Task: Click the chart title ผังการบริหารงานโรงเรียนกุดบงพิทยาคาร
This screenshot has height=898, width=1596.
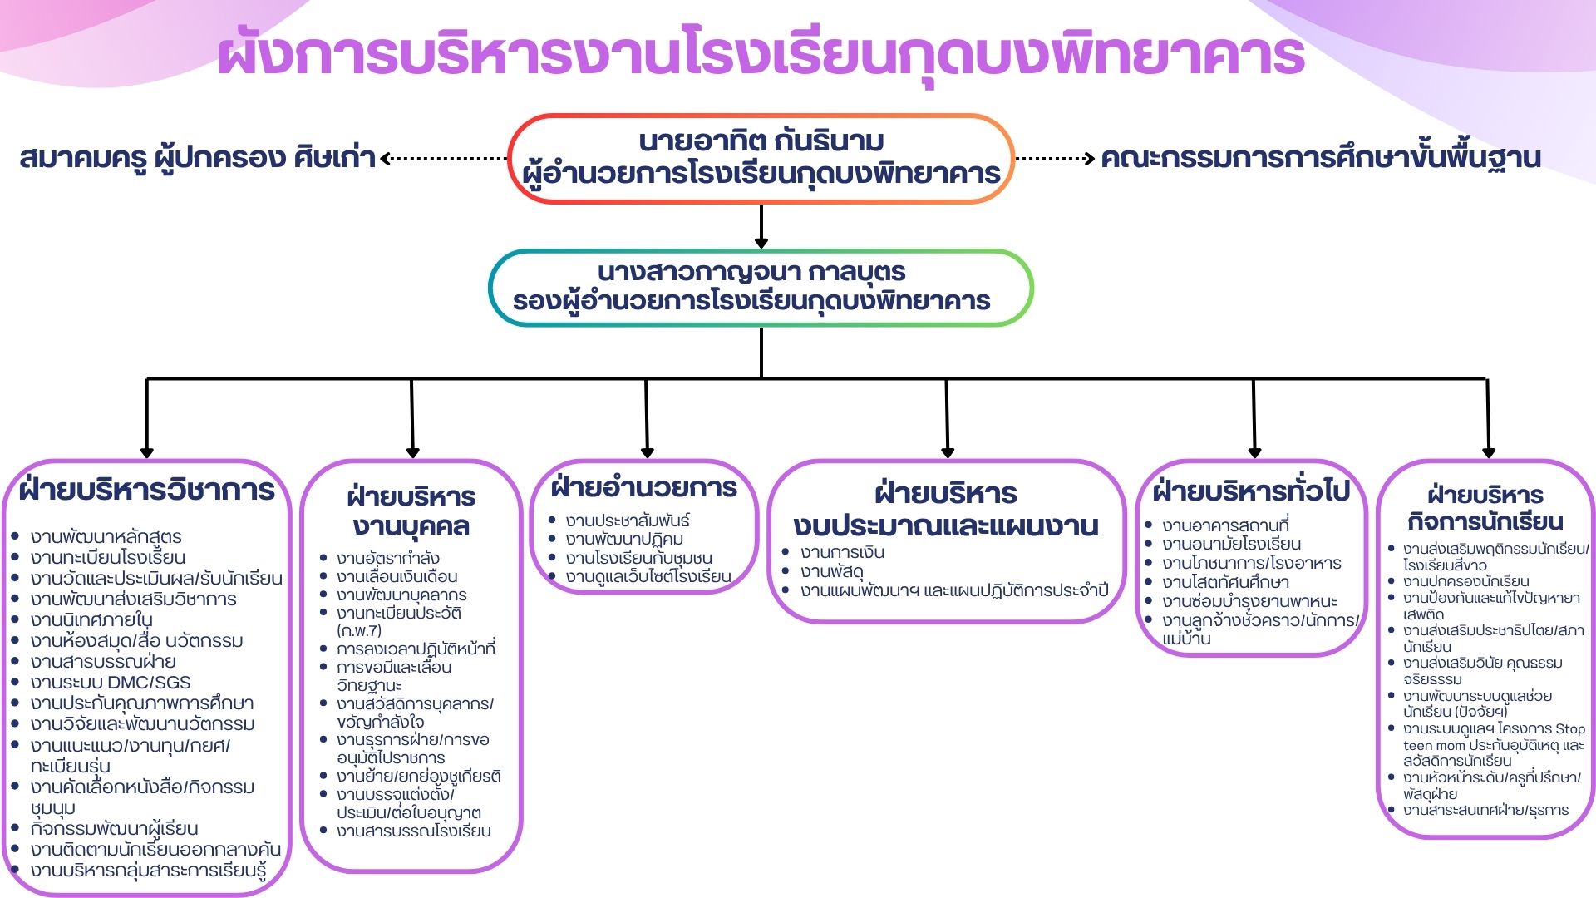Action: click(761, 54)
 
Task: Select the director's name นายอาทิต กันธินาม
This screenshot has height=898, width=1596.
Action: click(761, 141)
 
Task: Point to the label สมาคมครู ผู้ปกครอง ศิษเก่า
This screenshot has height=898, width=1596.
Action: click(198, 158)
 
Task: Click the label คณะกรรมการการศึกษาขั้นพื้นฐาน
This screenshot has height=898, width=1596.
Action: click(1320, 158)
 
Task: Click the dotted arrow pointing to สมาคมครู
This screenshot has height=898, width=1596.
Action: click(445, 158)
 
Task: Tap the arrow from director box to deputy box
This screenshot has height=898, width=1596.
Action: click(761, 226)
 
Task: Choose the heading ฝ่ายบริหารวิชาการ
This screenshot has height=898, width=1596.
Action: click(146, 490)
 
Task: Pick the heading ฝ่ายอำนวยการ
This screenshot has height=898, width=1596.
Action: click(644, 487)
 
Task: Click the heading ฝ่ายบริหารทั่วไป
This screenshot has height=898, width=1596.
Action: click(1251, 491)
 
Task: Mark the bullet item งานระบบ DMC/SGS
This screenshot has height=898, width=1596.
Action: click(111, 683)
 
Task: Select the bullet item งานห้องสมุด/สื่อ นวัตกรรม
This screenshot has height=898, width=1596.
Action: click(137, 641)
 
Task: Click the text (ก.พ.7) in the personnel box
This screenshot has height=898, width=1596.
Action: click(359, 630)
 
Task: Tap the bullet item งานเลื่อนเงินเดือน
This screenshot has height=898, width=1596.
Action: click(397, 576)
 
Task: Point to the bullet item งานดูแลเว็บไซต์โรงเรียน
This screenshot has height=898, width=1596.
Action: click(648, 576)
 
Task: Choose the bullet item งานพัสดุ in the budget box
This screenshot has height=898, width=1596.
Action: click(832, 571)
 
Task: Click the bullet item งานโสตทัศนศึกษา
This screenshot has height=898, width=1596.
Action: click(1225, 582)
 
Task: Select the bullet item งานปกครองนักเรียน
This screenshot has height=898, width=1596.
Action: click(1465, 581)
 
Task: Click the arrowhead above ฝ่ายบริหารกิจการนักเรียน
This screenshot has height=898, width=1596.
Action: click(1489, 452)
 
